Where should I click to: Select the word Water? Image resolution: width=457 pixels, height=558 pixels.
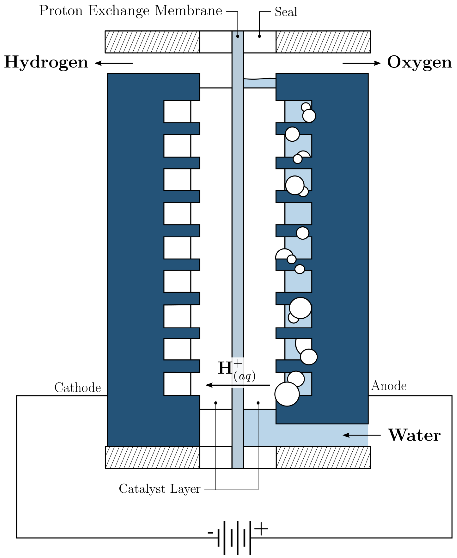(414, 435)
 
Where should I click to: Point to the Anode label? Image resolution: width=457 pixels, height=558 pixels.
(389, 386)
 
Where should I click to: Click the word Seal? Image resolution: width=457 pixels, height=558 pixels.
(286, 12)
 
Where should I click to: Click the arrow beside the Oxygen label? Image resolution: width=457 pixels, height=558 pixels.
(362, 63)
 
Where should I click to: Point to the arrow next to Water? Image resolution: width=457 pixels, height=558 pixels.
(362, 435)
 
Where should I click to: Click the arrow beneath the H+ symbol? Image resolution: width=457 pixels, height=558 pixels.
(237, 385)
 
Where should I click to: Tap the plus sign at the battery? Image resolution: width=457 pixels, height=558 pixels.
(261, 529)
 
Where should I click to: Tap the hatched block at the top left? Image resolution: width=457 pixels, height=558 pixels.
(152, 42)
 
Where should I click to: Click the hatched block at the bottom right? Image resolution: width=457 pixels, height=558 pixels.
(323, 458)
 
